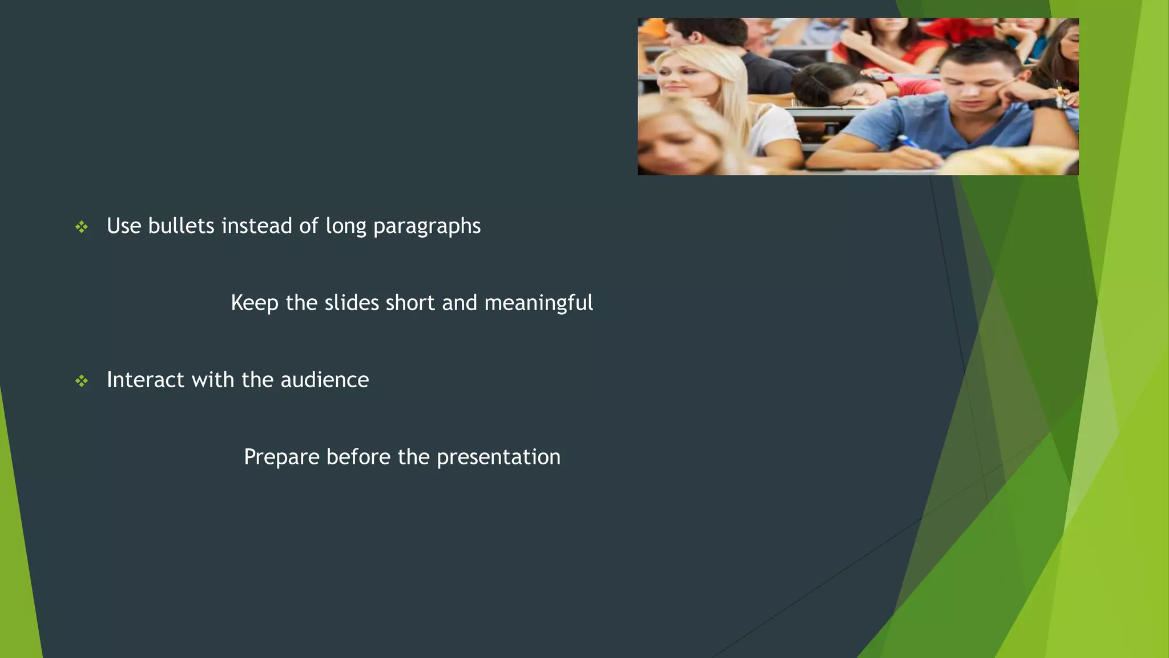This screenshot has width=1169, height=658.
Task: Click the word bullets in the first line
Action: tap(181, 226)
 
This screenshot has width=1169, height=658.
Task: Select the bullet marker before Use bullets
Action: tap(82, 227)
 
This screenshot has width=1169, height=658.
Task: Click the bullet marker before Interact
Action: tap(82, 381)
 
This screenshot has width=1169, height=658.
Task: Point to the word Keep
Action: tap(255, 303)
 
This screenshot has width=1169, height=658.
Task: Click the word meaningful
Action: tap(538, 303)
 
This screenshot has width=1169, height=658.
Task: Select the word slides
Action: tap(352, 303)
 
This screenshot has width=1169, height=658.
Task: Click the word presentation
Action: tap(498, 458)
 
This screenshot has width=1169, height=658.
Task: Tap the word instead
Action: tap(257, 226)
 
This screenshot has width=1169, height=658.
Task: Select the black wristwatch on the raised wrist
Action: tap(1049, 104)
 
